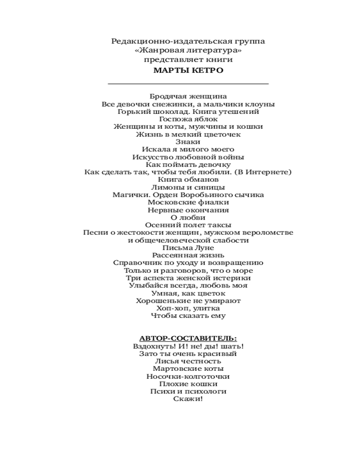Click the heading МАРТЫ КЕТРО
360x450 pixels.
[x=188, y=71]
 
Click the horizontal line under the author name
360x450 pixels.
[x=188, y=84]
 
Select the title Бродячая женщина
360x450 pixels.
[x=188, y=96]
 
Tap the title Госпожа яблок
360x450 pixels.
[x=188, y=119]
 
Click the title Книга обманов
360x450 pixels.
[x=188, y=180]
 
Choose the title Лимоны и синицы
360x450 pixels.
[x=188, y=187]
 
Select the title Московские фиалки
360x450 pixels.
[x=188, y=202]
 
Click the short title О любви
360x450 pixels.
[x=188, y=218]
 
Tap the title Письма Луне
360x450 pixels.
[x=188, y=247]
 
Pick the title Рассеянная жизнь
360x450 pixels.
[x=188, y=255]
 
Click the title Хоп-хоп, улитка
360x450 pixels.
[x=188, y=308]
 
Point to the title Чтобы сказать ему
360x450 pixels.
[x=188, y=316]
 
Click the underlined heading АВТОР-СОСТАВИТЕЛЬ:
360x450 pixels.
[x=188, y=338]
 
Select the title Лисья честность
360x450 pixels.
[x=188, y=361]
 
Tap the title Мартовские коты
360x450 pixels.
[x=188, y=369]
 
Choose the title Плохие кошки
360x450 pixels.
[x=188, y=384]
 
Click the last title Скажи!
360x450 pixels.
[x=188, y=399]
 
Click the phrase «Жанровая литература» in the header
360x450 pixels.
[x=188, y=50]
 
